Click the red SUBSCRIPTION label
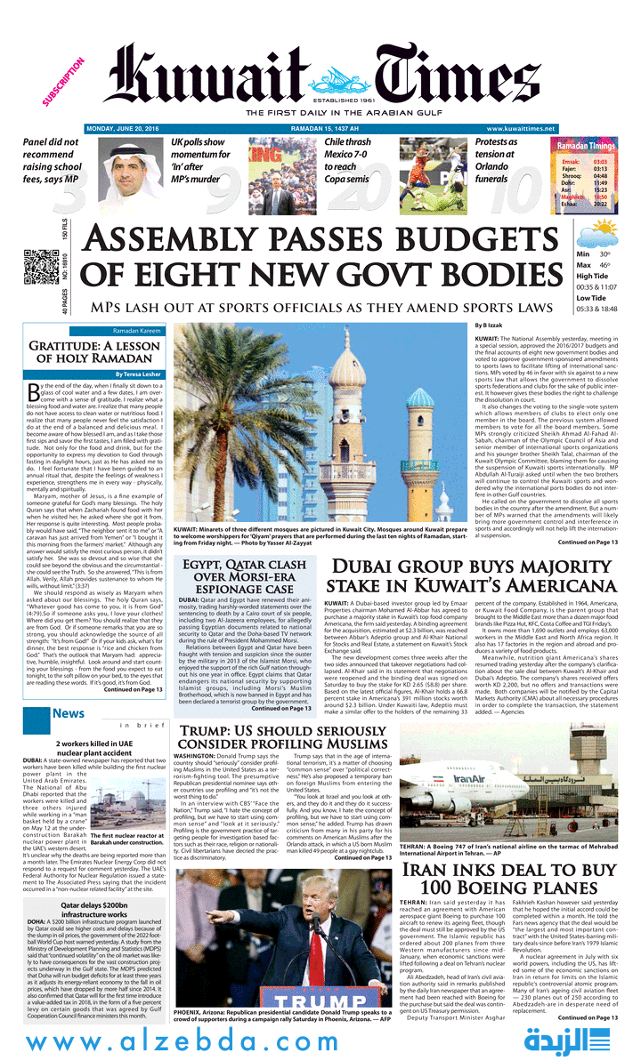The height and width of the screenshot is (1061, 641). (63, 82)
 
